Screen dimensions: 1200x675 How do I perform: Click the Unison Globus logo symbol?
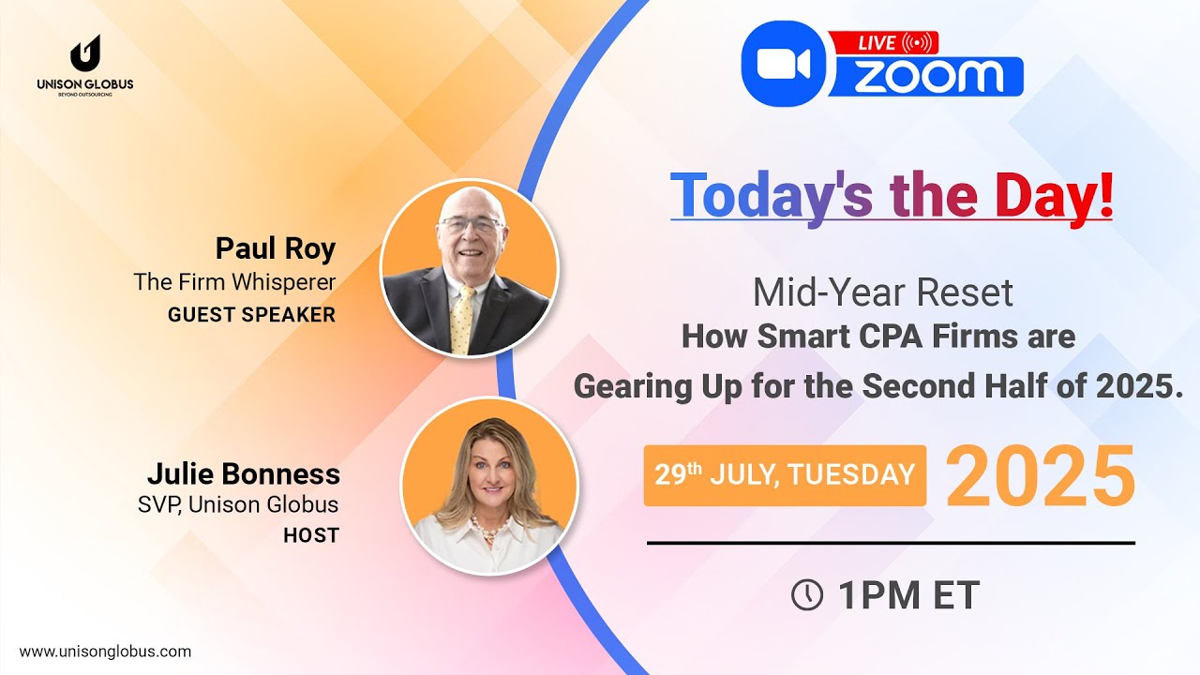(85, 53)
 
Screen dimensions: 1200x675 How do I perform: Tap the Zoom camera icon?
(784, 64)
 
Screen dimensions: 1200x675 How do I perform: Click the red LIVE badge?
(884, 43)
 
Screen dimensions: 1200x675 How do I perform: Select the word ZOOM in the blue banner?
(928, 76)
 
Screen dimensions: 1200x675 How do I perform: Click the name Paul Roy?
(276, 248)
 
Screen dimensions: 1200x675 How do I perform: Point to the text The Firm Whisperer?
(234, 282)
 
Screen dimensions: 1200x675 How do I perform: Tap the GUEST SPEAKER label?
(252, 314)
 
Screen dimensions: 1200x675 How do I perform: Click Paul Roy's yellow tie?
(462, 320)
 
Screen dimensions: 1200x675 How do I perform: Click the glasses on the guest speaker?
(470, 224)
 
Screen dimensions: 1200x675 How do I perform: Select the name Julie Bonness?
(244, 474)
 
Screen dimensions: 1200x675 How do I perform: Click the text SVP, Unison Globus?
(238, 504)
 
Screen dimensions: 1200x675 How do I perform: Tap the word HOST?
(311, 535)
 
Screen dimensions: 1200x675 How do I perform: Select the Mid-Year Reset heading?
(883, 293)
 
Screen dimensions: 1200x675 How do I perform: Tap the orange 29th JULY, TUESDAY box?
(785, 475)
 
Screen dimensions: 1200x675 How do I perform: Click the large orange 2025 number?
(1041, 475)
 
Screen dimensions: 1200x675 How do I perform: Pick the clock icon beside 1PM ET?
(807, 594)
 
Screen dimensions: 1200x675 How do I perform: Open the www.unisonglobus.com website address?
(105, 652)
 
